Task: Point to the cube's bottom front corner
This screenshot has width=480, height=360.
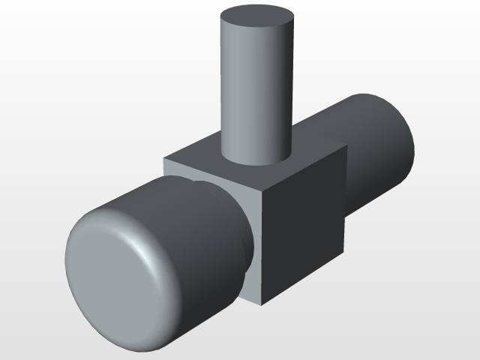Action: click(x=263, y=304)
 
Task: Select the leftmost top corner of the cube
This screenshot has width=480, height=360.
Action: click(x=165, y=158)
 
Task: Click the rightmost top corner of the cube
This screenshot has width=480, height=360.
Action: click(x=346, y=144)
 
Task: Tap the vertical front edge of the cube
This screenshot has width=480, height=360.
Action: click(x=262, y=247)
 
